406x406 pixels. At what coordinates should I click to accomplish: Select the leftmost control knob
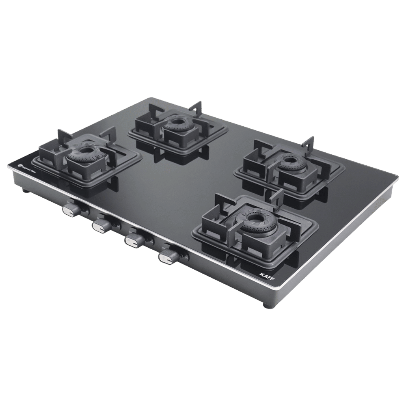point(70,209)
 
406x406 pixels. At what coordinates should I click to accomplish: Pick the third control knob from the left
point(133,241)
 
